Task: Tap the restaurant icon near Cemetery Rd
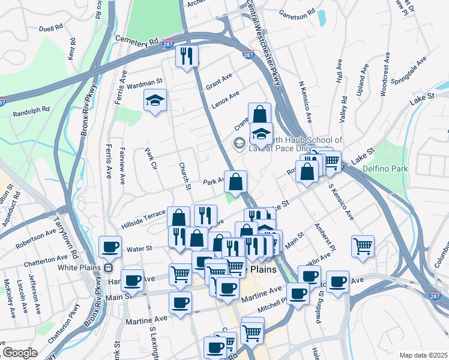click(x=187, y=56)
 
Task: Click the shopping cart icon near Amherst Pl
click(x=363, y=245)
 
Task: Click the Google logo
click(x=20, y=353)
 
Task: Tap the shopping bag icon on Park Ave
click(x=236, y=181)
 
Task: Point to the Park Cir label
click(x=151, y=161)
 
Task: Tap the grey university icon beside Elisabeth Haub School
click(x=239, y=143)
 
